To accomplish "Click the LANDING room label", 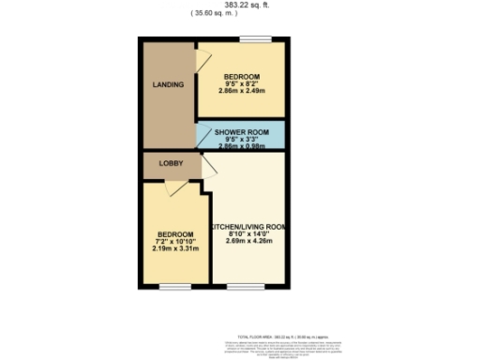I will (168, 84).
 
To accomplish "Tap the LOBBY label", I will (171, 163).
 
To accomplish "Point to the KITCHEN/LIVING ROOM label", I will (247, 227).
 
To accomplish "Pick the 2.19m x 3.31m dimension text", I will (175, 248).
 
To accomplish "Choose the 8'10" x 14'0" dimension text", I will (247, 234).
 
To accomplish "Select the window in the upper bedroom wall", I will (252, 38).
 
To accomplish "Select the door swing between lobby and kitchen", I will (207, 169).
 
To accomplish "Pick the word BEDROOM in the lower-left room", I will (175, 233).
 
